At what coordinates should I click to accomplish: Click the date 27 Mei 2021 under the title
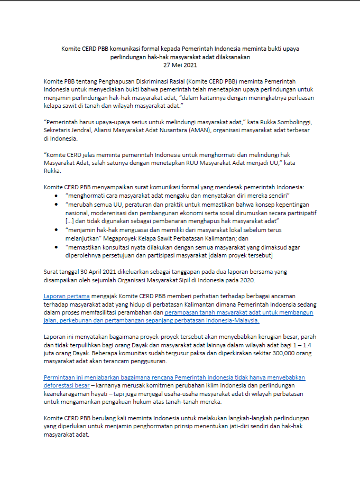tap(180, 65)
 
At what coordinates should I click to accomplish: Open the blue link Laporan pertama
tap(67, 296)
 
